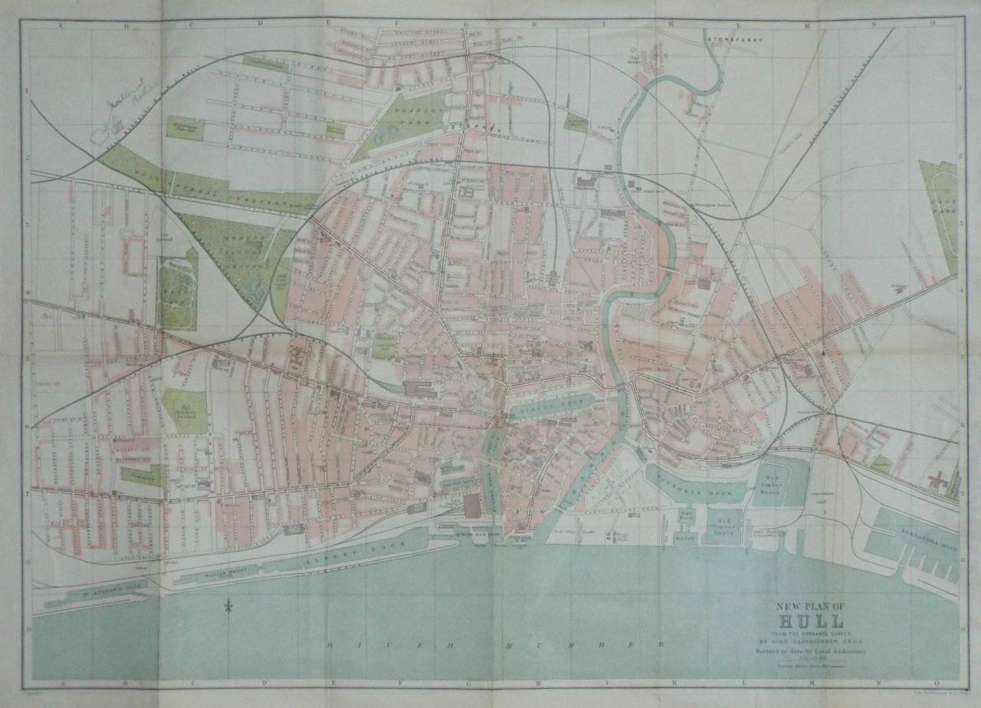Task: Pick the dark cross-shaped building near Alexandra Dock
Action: coord(934,482)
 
